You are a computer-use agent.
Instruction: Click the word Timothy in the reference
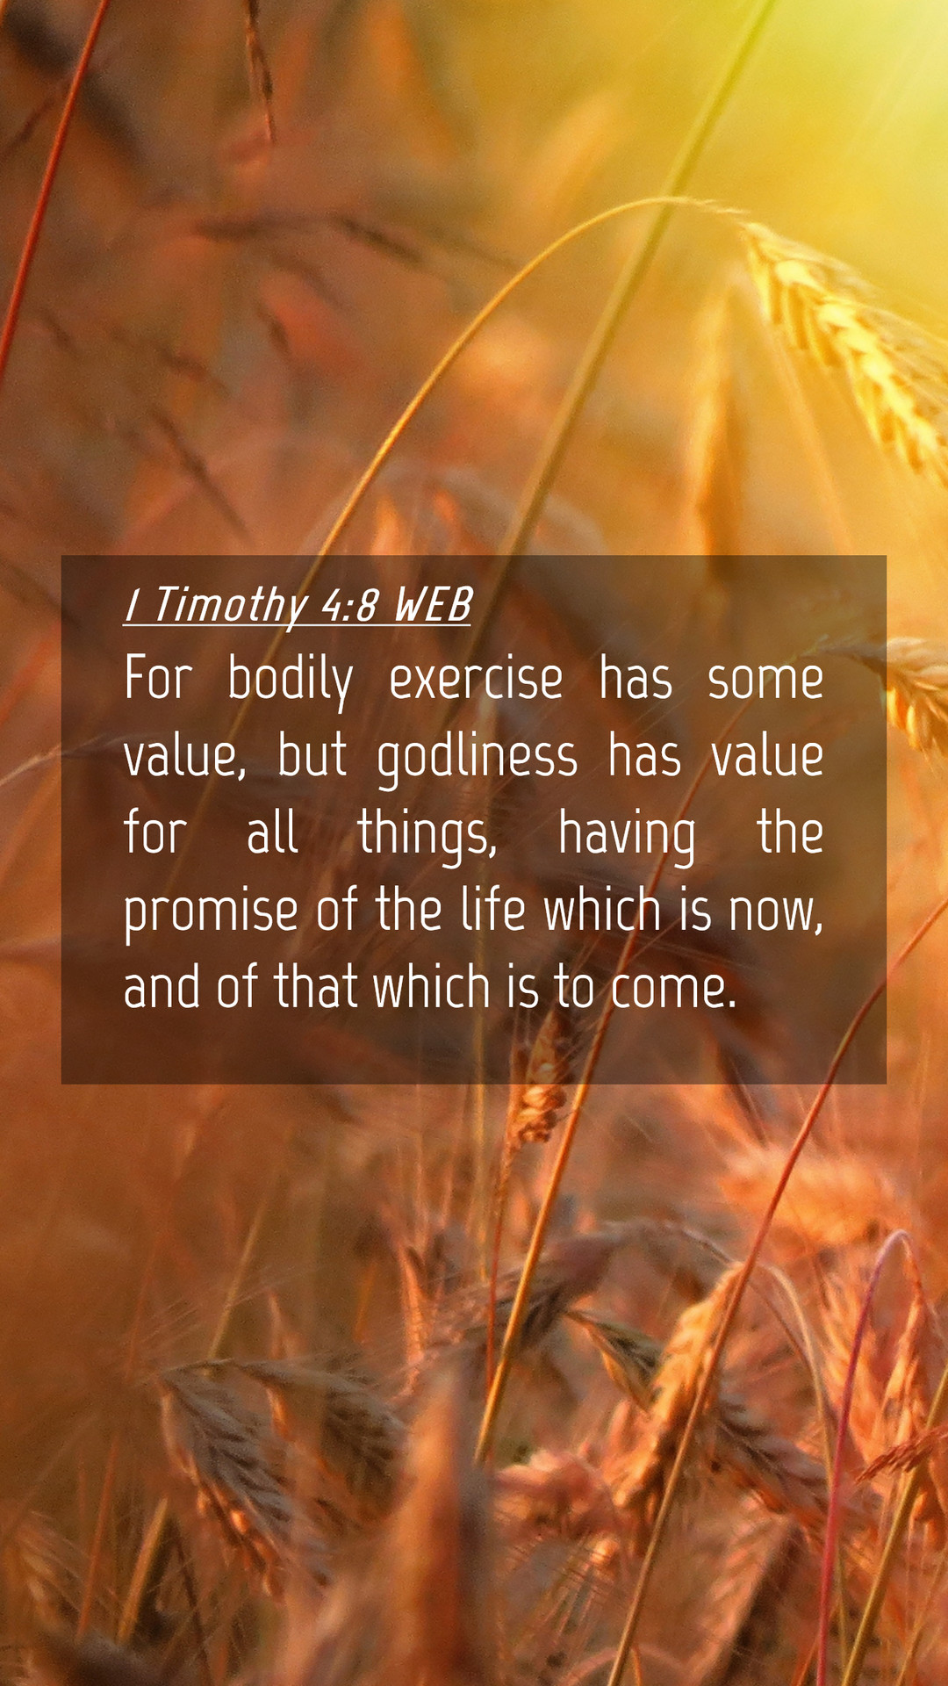230,606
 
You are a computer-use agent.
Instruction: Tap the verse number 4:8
350,605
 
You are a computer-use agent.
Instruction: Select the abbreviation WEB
433,605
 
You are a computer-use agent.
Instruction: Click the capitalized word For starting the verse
158,679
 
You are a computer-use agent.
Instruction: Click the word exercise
476,680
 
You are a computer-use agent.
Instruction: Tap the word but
312,757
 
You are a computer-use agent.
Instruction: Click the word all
272,833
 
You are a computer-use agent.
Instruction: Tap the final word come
672,990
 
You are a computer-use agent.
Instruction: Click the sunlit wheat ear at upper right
843,342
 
